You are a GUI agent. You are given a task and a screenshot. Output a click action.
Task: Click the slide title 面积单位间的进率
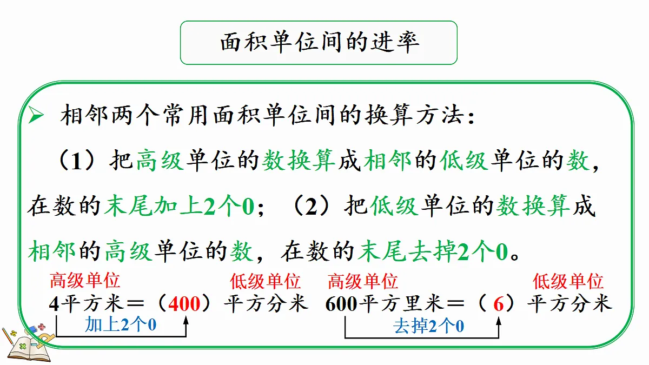(320, 42)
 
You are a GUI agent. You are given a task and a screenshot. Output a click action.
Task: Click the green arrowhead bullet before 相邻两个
(36, 115)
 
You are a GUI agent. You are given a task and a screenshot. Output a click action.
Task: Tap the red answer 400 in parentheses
(184, 304)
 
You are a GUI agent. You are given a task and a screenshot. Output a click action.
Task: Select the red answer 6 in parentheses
(498, 304)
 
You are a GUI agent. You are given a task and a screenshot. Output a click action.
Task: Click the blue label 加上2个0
(121, 324)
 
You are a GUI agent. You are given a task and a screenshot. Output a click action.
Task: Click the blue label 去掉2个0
(428, 326)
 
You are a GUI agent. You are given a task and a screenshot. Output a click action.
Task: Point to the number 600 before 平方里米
(341, 304)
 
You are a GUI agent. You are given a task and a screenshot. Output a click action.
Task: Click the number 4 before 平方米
(54, 304)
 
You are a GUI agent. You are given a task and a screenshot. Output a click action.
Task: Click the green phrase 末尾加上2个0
(179, 206)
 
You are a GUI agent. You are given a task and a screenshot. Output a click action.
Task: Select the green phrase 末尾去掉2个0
(433, 251)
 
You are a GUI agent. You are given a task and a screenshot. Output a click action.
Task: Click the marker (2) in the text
(311, 206)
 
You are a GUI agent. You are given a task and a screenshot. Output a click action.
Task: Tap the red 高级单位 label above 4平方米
(85, 281)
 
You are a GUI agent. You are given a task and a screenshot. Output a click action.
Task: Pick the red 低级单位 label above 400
(265, 281)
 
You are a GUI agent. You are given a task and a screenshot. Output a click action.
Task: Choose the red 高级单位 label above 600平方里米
(363, 281)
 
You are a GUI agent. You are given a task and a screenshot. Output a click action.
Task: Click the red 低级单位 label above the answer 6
(568, 281)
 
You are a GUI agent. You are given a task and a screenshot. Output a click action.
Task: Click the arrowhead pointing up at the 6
(499, 321)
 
